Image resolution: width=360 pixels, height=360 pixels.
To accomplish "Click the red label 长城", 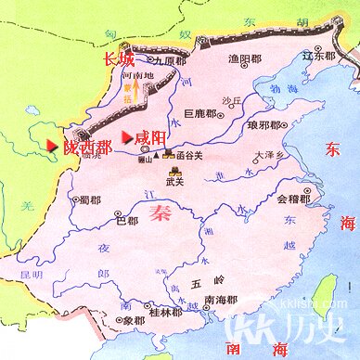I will [x=116, y=60].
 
